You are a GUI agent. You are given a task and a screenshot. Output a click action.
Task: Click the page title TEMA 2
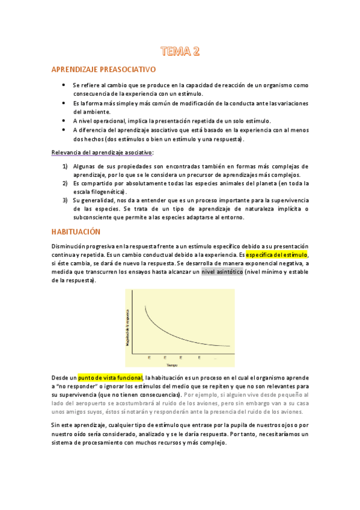point(180,51)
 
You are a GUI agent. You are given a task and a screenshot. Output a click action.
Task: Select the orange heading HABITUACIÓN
point(84,232)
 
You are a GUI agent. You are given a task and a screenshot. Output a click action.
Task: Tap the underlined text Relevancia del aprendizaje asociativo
point(102,153)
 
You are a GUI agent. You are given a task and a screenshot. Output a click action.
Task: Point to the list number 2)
point(66,183)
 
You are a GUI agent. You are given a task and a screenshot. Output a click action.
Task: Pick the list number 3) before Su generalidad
point(66,200)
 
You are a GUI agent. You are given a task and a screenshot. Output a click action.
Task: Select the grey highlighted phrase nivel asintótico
point(222,272)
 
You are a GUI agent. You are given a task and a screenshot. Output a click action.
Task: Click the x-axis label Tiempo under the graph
point(172,364)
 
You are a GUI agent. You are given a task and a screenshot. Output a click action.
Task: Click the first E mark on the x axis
point(148,358)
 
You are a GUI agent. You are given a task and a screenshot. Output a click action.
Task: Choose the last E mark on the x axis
point(199,358)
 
